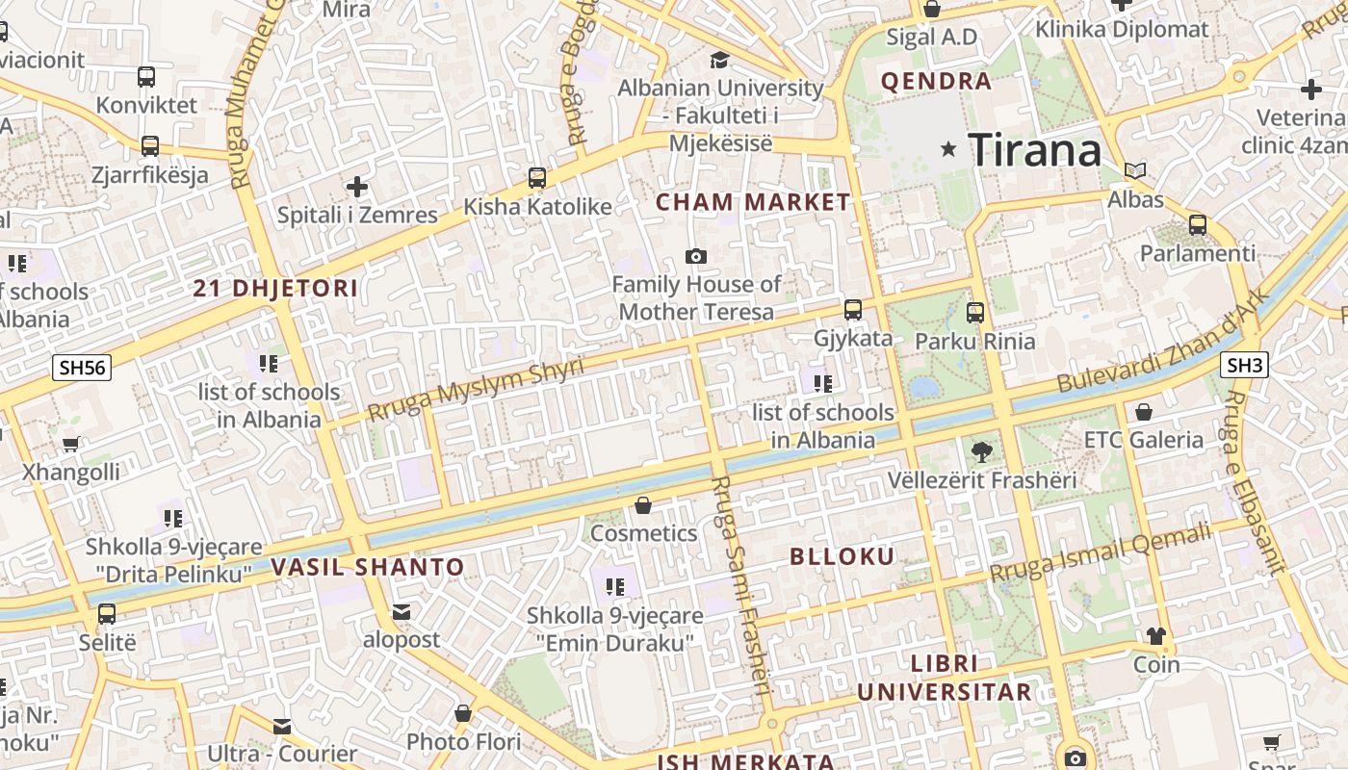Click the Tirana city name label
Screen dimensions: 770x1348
(x=1034, y=150)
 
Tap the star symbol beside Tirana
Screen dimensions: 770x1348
(x=949, y=149)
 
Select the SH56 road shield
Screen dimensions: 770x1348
(x=82, y=367)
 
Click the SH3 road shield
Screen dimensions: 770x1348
(x=1244, y=365)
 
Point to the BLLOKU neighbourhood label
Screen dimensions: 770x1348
(x=842, y=556)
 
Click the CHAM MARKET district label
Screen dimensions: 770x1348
(x=753, y=203)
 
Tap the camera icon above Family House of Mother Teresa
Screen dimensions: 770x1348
(x=695, y=256)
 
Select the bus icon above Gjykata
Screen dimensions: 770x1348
(x=853, y=309)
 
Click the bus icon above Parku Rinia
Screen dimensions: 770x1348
(x=975, y=312)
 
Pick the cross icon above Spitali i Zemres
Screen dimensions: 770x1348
(x=357, y=186)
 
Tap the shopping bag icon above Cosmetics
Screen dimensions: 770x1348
(x=643, y=505)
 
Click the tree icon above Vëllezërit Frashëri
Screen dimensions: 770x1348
(x=981, y=450)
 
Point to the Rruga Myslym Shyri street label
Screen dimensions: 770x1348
(x=476, y=390)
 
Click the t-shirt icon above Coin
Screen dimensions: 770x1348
(x=1156, y=635)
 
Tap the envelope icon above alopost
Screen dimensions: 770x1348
(x=402, y=612)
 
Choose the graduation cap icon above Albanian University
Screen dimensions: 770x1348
(x=719, y=61)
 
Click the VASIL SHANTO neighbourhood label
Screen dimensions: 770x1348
(x=368, y=567)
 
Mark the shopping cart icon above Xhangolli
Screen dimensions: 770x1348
(x=70, y=444)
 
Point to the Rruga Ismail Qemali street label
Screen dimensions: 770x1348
(x=1100, y=553)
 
